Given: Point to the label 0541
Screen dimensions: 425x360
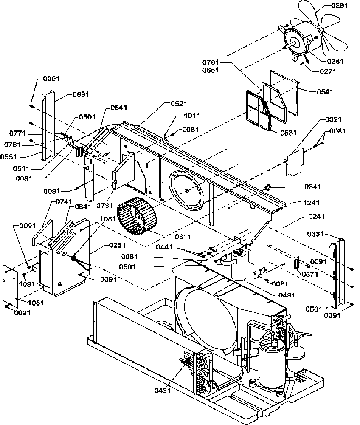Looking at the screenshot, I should (325, 91).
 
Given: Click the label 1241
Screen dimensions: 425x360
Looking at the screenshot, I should (311, 203).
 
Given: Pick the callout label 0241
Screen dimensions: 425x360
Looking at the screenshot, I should (316, 216).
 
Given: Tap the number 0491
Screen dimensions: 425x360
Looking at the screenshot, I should (287, 295).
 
